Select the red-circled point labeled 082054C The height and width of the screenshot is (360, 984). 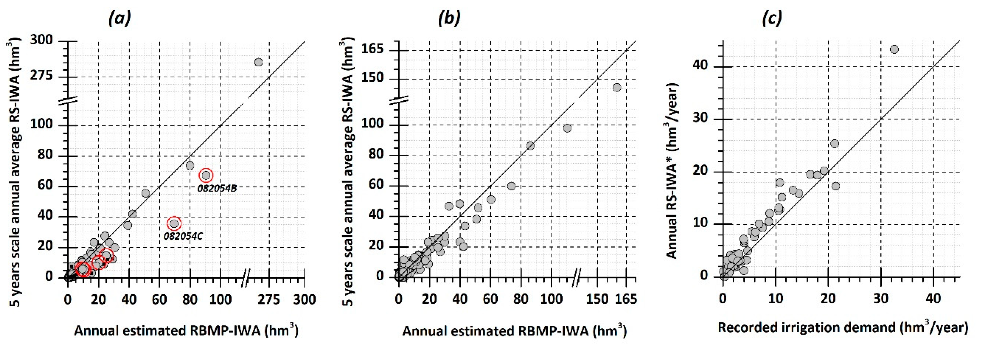(174, 224)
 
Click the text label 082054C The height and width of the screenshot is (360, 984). (183, 236)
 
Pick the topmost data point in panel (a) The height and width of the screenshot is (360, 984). (259, 62)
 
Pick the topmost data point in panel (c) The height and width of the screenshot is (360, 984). (894, 49)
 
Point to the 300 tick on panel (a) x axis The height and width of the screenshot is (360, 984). (305, 299)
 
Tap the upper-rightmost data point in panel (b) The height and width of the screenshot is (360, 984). (616, 88)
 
